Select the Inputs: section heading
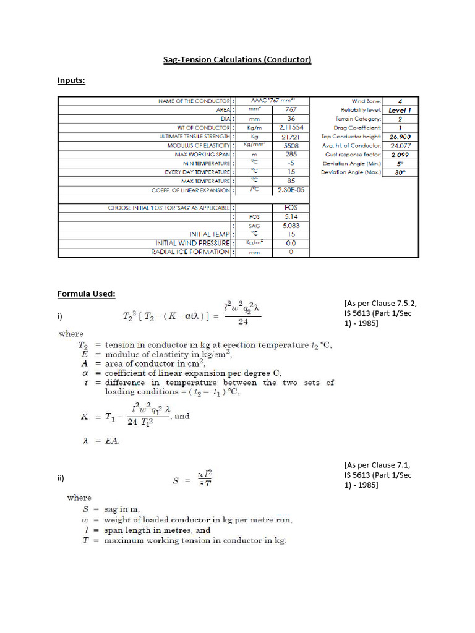click(x=71, y=80)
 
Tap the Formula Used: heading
click(x=87, y=294)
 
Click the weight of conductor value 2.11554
click(x=291, y=127)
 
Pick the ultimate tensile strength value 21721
click(x=291, y=136)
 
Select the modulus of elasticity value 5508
click(x=291, y=145)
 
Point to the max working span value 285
click(x=291, y=154)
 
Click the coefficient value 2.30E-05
click(x=291, y=190)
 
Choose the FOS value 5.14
click(x=291, y=217)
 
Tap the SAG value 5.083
click(x=291, y=226)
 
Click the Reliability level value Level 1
click(x=400, y=109)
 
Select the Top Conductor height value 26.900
click(x=400, y=137)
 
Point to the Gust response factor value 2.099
click(x=400, y=155)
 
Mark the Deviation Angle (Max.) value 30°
click(x=400, y=172)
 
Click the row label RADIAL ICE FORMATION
click(x=191, y=252)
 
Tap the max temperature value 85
click(x=291, y=181)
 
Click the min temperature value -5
click(x=291, y=163)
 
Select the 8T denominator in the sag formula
click(x=204, y=483)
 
